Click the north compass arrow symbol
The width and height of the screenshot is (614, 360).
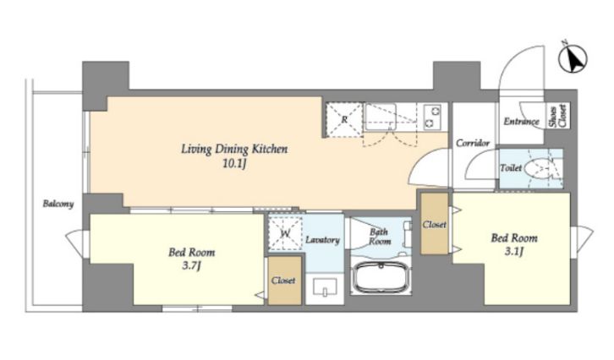573,58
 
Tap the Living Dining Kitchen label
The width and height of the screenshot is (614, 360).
234,149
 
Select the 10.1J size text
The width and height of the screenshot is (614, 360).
234,164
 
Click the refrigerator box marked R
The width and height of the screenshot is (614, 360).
344,120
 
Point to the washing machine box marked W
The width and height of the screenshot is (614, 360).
286,233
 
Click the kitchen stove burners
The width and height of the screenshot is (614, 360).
433,117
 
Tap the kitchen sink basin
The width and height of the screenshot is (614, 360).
381,117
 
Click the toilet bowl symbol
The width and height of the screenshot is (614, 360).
540,169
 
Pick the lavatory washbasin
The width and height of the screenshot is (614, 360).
325,286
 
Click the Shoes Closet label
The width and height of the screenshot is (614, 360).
558,116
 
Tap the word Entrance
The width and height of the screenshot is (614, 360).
521,122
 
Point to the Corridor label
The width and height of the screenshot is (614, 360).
473,143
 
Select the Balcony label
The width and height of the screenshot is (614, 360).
58,204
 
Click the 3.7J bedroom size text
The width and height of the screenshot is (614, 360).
191,266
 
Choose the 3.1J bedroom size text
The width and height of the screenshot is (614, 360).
513,252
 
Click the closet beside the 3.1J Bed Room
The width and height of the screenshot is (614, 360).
434,223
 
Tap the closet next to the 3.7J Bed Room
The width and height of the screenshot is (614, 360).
285,281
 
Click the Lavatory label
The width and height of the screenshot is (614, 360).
322,240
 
